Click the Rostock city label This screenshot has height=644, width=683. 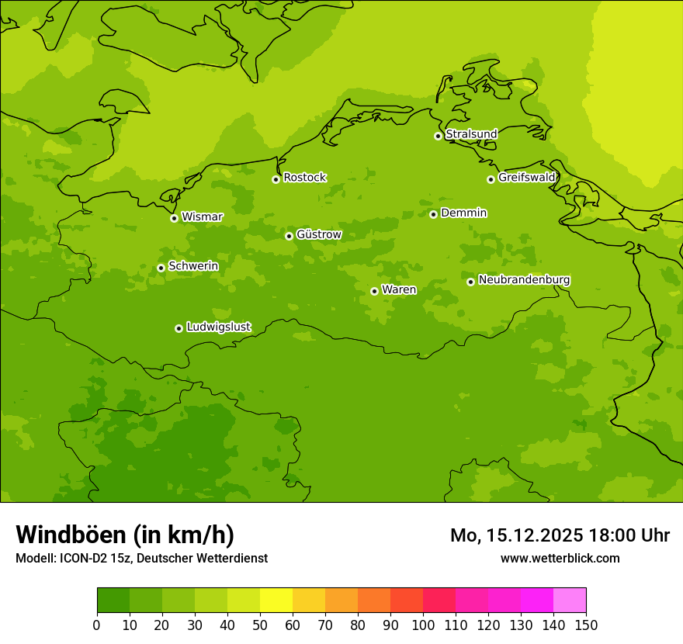(304, 178)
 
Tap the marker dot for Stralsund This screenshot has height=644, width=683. (438, 136)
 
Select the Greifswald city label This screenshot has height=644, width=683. (526, 178)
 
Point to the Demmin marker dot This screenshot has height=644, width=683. (433, 214)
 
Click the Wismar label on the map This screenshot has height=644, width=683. (202, 216)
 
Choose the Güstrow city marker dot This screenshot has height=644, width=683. (289, 236)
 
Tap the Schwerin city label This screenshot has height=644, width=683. (193, 266)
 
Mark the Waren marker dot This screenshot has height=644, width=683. (374, 291)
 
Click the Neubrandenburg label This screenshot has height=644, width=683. (524, 279)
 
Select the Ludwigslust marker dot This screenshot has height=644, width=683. (179, 328)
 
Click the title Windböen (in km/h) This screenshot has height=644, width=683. (125, 535)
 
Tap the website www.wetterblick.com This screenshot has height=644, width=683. (560, 558)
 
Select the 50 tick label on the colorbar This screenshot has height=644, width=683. (260, 625)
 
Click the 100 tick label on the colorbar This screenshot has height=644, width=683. (423, 625)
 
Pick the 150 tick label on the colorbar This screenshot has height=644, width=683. (586, 625)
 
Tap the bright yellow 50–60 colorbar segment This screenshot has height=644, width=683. (276, 601)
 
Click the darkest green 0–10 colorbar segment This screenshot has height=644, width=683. (113, 601)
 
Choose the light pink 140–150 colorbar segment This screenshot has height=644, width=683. (570, 601)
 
